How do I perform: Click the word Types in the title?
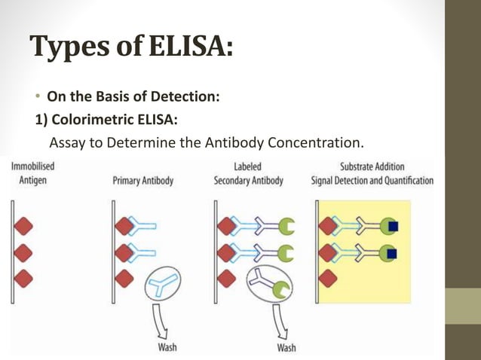[x=67, y=48]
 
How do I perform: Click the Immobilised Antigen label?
[x=32, y=173]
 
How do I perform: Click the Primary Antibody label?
[x=142, y=181]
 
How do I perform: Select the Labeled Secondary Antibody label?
[x=248, y=174]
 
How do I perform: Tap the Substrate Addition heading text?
[x=372, y=166]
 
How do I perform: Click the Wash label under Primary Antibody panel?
[x=167, y=347]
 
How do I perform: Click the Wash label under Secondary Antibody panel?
[x=286, y=347]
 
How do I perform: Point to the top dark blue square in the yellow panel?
[x=392, y=225]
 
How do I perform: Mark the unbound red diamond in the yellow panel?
[x=327, y=279]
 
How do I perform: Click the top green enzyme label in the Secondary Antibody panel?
[x=286, y=225]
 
